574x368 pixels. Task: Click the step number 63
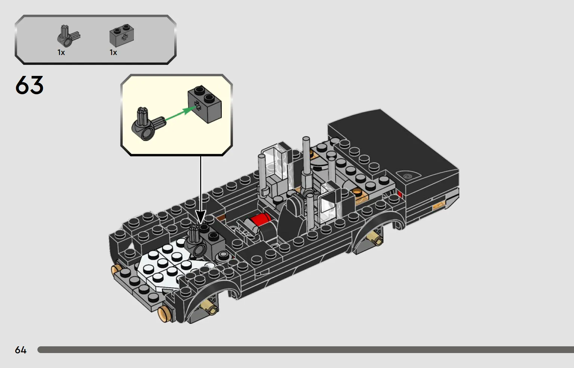pyautogui.click(x=30, y=85)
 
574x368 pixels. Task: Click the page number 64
pyautogui.click(x=21, y=350)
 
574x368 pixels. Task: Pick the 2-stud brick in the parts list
pyautogui.click(x=122, y=36)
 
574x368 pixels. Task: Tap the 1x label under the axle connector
pyautogui.click(x=61, y=52)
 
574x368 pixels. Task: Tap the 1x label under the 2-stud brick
pyautogui.click(x=113, y=52)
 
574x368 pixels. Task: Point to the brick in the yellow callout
pyautogui.click(x=205, y=104)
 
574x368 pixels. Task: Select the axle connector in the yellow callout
pyautogui.click(x=148, y=124)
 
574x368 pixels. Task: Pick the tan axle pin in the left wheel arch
pyautogui.click(x=208, y=307)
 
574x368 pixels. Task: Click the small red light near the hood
pyautogui.click(x=400, y=194)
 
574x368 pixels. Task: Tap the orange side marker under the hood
pyautogui.click(x=439, y=206)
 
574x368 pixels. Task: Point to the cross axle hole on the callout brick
pyautogui.click(x=197, y=105)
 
